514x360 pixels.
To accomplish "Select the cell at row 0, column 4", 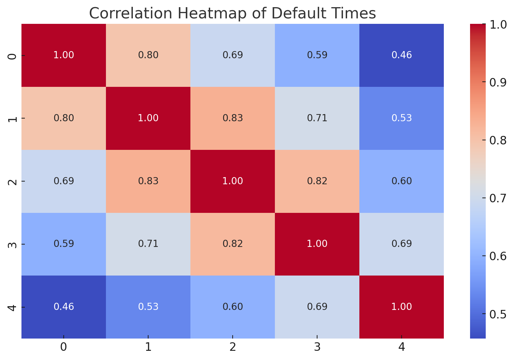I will tap(402, 55).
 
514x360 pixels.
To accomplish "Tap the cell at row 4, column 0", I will tap(64, 307).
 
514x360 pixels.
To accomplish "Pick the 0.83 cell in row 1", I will tap(233, 118).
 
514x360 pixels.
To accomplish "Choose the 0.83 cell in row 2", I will tap(148, 181).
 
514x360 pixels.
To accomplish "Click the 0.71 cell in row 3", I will tap(148, 244).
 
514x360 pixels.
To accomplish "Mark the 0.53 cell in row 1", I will tap(402, 118).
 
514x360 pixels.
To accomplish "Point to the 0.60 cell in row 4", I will tap(233, 307).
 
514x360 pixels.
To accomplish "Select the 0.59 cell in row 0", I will tap(317, 55).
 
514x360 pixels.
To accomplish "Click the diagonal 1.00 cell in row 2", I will tap(233, 181).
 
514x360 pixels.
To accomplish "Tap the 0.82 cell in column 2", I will tap(233, 244).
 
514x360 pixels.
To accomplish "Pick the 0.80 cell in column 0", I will tap(64, 118).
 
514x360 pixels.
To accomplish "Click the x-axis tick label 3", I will tap(317, 347).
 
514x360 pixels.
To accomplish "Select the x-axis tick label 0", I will tap(64, 347).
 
